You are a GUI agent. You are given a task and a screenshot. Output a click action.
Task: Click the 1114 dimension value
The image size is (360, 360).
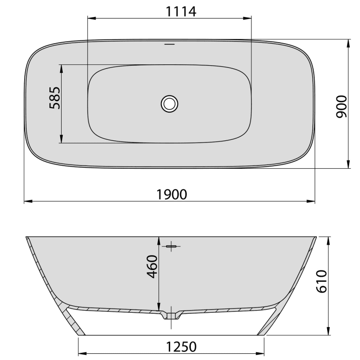169,11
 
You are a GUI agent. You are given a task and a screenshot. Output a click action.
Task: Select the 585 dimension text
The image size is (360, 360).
55,98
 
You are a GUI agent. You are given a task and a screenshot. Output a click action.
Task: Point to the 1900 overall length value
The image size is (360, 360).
171,194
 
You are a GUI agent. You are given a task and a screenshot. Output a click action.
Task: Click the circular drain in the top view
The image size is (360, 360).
169,103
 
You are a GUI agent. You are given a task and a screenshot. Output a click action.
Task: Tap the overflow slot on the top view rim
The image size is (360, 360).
169,45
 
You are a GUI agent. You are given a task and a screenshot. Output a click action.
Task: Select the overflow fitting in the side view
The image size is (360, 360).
172,247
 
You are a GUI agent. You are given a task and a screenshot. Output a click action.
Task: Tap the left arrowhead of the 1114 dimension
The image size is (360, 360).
91,19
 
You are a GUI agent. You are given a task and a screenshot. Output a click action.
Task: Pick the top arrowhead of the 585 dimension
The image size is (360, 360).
62,67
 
